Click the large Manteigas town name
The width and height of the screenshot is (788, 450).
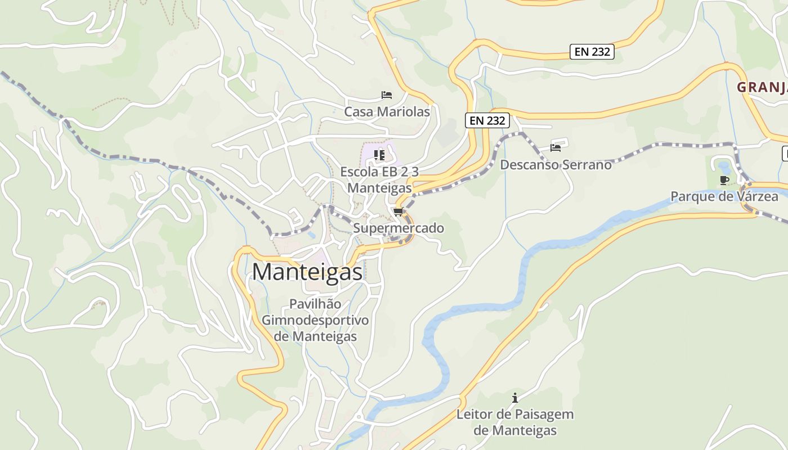(x=307, y=272)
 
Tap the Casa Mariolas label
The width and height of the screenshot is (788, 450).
(x=387, y=112)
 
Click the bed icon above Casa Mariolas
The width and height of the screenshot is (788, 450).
(x=386, y=94)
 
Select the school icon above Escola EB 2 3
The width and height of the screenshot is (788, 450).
(x=379, y=154)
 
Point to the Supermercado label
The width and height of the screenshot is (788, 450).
(x=399, y=228)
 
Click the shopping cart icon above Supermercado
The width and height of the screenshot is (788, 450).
(x=399, y=211)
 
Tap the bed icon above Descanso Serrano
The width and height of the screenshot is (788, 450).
(x=556, y=148)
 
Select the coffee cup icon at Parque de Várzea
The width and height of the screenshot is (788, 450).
(x=724, y=180)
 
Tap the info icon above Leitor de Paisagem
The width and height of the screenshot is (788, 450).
(x=514, y=398)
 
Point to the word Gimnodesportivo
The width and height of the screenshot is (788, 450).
(x=315, y=320)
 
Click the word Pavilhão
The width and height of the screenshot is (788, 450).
(x=315, y=304)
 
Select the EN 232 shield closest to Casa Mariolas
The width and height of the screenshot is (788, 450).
(x=487, y=120)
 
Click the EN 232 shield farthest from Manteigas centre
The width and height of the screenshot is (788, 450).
(x=591, y=52)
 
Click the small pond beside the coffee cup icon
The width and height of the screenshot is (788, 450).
(x=722, y=166)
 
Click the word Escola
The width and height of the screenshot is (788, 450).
(x=359, y=172)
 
